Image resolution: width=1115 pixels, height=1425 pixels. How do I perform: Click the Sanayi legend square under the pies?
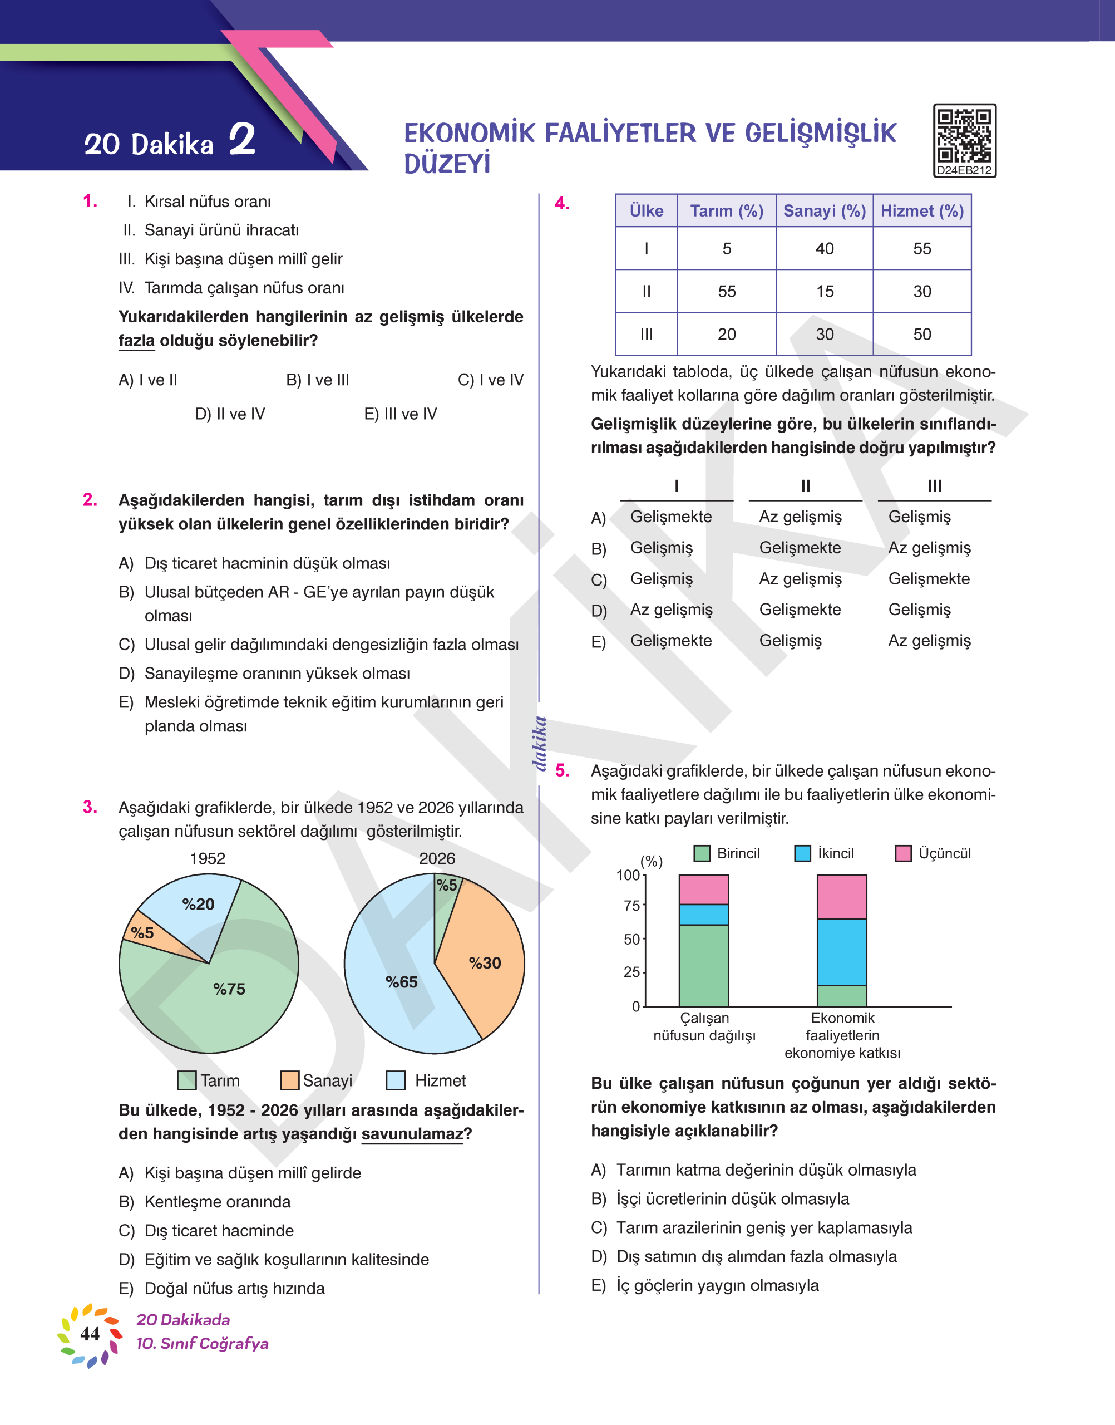pos(289,1080)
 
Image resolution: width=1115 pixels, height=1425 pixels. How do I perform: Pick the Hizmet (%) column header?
pos(922,211)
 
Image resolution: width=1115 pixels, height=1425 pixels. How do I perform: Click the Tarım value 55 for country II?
pos(727,291)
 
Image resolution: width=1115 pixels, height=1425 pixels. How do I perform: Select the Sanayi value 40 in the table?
pos(825,249)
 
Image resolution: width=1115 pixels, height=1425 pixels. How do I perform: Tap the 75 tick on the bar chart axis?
pos(631,906)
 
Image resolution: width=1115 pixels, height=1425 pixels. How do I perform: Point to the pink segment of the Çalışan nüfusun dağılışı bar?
pos(704,890)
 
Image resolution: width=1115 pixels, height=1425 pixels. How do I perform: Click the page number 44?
pos(90,1334)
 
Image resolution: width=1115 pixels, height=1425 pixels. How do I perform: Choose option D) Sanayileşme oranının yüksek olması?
pos(277,674)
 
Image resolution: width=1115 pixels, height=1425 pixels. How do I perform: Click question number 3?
pos(90,807)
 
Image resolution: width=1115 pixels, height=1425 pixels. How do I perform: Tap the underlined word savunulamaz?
pos(412,1134)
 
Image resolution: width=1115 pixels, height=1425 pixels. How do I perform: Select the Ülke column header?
pos(647,211)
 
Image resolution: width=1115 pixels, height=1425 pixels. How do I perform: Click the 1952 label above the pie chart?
pos(208,858)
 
